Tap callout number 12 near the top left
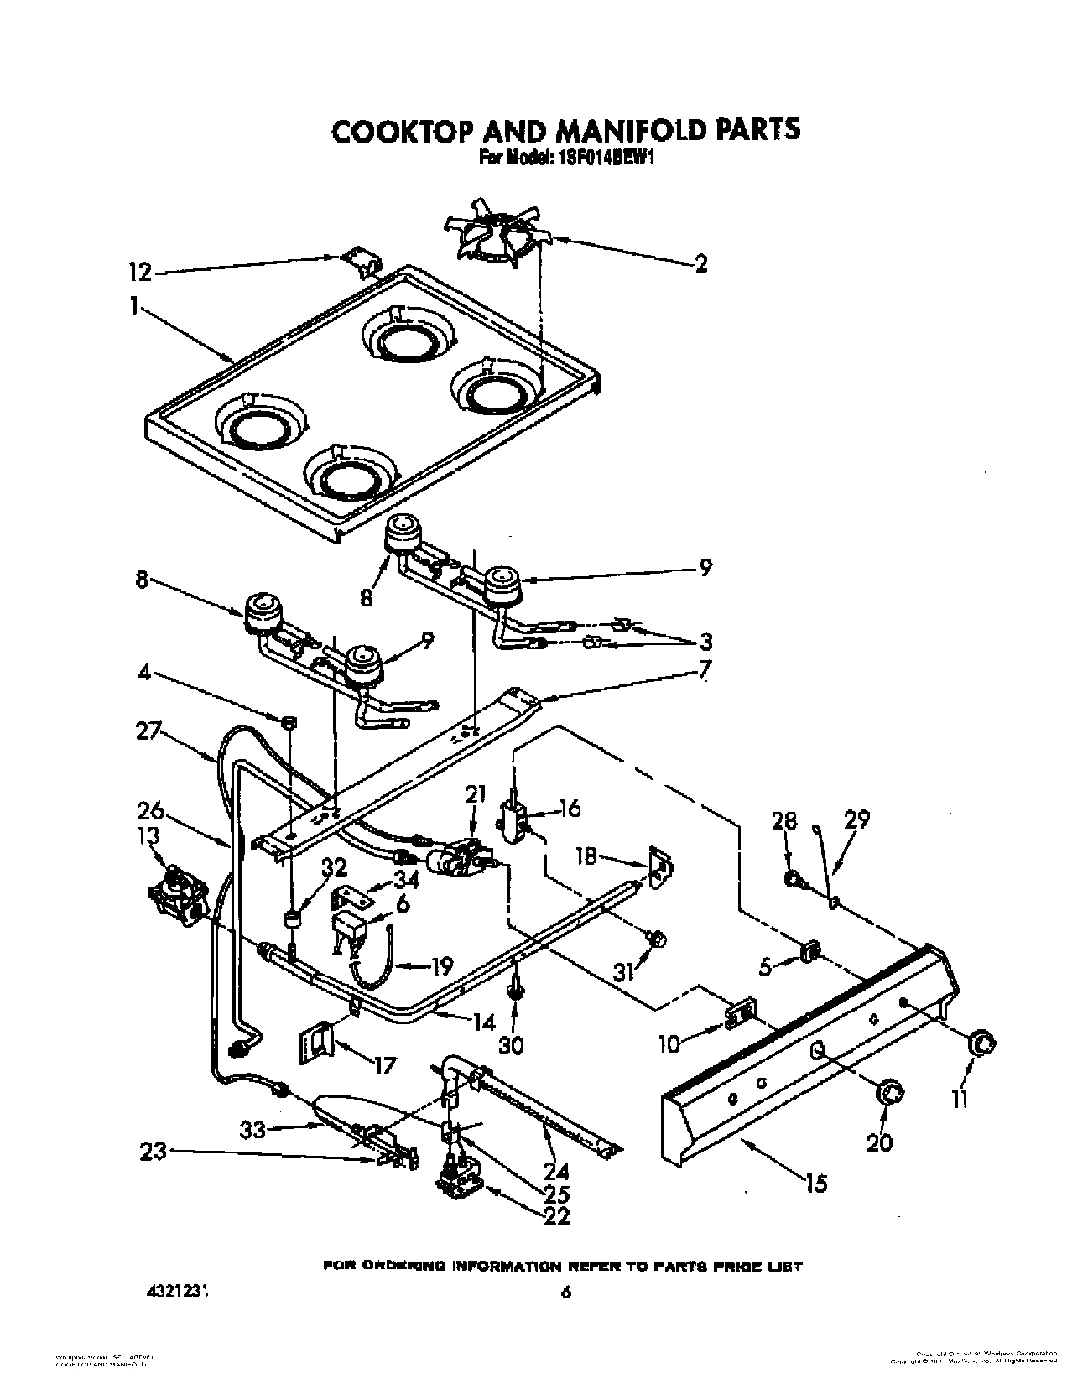(x=141, y=272)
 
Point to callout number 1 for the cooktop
(x=134, y=308)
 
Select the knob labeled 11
(x=981, y=1043)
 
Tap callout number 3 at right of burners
(x=705, y=642)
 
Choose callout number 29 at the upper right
(x=856, y=819)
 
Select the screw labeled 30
(x=512, y=991)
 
